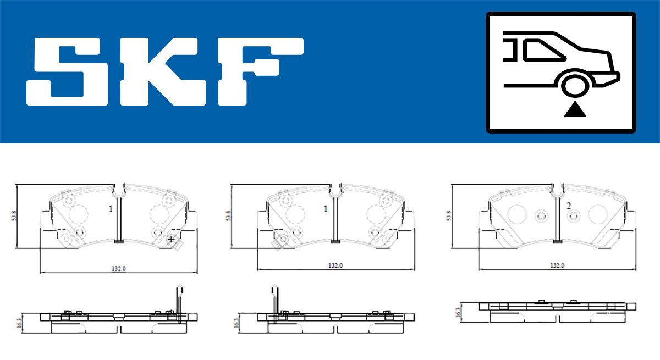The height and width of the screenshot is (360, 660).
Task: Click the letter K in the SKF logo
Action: click(x=163, y=71)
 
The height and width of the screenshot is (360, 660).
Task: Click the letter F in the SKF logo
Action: click(x=261, y=71)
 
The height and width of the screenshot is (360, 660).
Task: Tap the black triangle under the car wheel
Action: click(x=575, y=109)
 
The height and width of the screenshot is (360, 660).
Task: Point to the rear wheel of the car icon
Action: click(x=575, y=86)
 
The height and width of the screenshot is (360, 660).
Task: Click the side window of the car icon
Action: click(x=544, y=51)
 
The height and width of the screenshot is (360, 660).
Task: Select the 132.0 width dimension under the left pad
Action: click(x=119, y=268)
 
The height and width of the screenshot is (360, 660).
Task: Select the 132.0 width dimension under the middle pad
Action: click(x=335, y=265)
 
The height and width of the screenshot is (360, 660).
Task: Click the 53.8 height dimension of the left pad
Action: click(x=14, y=216)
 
